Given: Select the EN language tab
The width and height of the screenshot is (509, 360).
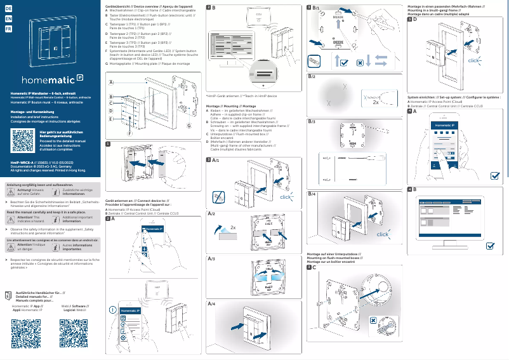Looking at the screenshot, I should (7, 20).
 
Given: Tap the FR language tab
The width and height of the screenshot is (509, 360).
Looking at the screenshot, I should (7, 30).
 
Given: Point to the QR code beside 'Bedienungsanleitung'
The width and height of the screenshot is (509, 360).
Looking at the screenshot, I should (22, 139).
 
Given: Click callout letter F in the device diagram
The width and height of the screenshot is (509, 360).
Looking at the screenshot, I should (130, 134).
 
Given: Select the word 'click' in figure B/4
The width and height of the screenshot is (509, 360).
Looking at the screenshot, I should (383, 234).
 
